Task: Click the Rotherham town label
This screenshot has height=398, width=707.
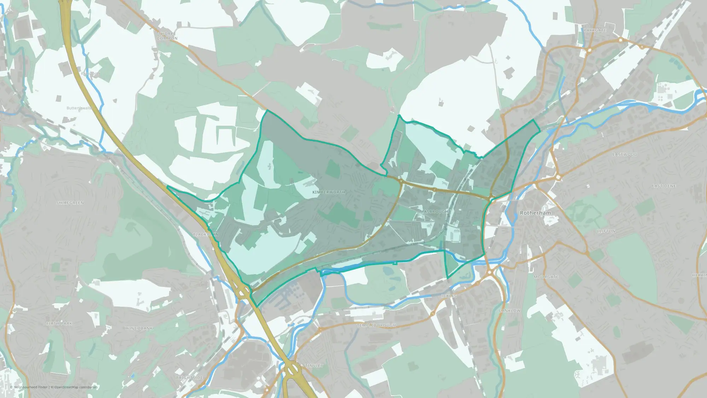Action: [x=535, y=213]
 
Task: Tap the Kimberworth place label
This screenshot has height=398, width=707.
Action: [x=328, y=192]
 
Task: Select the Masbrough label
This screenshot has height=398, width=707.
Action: [x=434, y=212]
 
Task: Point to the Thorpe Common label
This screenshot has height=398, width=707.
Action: [x=167, y=36]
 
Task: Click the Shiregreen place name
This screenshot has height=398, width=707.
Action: [x=70, y=203]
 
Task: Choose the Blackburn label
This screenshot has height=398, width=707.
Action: [x=206, y=235]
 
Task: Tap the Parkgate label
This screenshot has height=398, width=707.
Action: [x=595, y=30]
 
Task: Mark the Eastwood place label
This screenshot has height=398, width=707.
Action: [x=625, y=155]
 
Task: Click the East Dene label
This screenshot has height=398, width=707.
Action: [x=664, y=186]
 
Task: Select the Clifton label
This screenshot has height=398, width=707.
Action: [x=606, y=231]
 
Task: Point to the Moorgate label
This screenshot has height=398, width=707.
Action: [x=546, y=277]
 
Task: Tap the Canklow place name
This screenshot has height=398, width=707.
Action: [x=509, y=311]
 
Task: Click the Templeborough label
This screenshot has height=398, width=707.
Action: [x=376, y=325]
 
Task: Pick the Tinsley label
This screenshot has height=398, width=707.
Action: [x=314, y=366]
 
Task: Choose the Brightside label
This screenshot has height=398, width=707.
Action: [x=189, y=378]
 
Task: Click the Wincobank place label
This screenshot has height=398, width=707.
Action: [x=139, y=328]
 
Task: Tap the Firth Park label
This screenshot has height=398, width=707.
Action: [x=59, y=323]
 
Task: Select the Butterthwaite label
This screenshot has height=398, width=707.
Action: [x=79, y=108]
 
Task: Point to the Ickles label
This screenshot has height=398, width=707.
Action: [x=449, y=296]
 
